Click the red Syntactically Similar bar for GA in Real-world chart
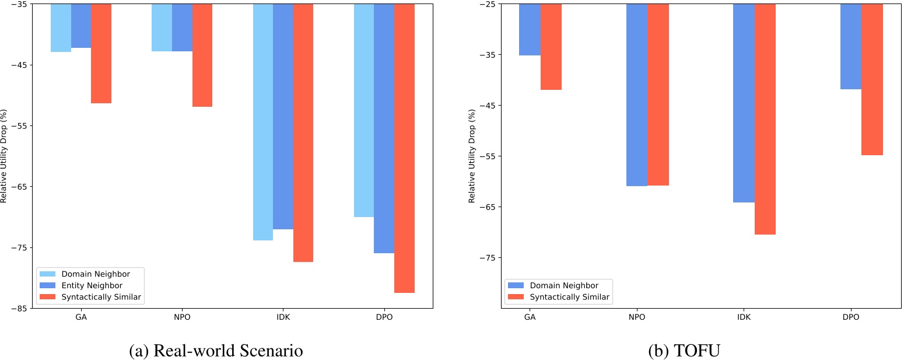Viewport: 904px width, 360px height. (101, 54)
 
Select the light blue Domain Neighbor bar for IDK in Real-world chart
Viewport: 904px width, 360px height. (262, 122)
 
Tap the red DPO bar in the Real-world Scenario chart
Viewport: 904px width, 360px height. (404, 148)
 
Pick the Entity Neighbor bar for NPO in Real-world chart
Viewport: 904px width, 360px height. (182, 28)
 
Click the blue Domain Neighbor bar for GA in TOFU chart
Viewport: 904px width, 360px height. (530, 30)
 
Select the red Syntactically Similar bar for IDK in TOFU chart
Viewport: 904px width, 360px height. (765, 119)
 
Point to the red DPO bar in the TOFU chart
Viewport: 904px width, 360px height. (872, 79)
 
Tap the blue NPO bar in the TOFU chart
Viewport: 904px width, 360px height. (637, 95)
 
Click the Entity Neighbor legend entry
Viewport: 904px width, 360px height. (92, 285)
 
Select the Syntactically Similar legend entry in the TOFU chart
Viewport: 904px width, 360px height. (569, 297)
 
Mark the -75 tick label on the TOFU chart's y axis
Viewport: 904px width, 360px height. (487, 258)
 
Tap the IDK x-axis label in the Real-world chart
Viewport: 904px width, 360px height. (283, 317)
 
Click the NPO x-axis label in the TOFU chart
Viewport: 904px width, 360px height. (637, 317)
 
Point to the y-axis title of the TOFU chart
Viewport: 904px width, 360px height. (472, 156)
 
